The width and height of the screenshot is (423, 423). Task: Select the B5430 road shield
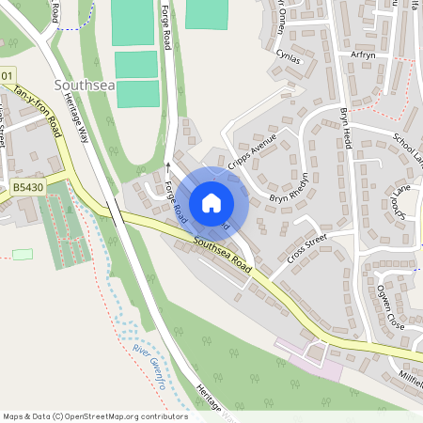(27, 189)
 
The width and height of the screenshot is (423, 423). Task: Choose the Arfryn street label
(362, 55)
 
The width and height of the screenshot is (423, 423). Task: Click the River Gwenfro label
(149, 368)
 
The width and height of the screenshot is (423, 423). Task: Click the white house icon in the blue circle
(211, 202)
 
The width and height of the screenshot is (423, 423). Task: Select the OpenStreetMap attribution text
(95, 415)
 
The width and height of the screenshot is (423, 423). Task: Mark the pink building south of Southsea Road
(315, 364)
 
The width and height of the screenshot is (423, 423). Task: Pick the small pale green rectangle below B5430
(23, 255)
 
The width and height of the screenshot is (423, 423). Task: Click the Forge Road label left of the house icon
(176, 200)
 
